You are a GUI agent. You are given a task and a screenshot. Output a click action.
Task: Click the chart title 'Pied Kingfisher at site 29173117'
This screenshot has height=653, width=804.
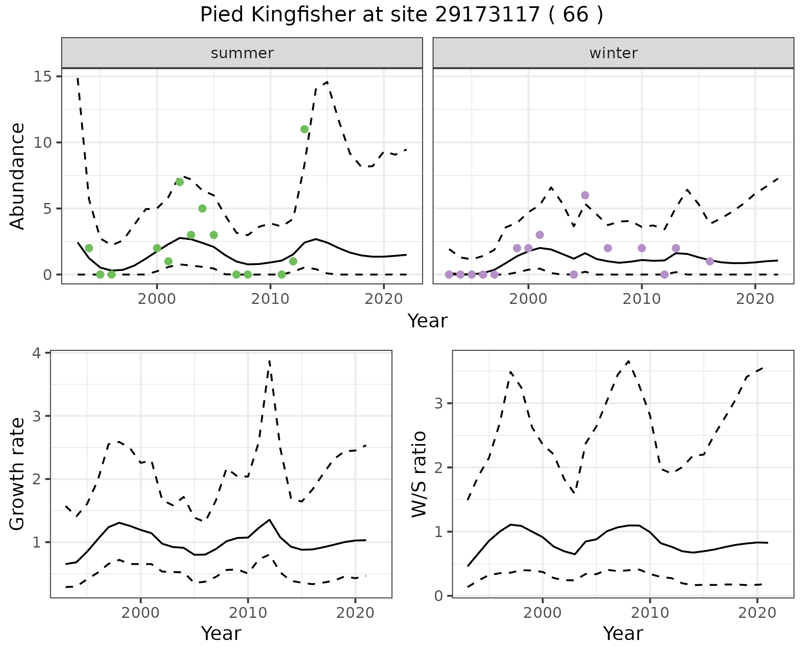[401, 15]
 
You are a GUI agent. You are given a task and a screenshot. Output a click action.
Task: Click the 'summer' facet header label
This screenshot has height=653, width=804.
[242, 53]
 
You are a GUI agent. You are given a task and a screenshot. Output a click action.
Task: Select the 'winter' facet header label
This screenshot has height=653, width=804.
[613, 53]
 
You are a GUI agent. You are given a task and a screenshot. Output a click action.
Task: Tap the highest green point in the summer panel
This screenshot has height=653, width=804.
[304, 129]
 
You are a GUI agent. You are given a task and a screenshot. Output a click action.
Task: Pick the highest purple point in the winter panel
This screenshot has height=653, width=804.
[585, 195]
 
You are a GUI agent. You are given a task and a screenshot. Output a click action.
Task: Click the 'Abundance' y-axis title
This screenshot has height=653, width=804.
[18, 176]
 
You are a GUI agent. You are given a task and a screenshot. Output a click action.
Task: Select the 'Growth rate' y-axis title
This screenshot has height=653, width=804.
[18, 474]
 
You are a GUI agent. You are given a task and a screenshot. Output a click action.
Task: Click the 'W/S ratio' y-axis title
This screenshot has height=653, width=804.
[419, 474]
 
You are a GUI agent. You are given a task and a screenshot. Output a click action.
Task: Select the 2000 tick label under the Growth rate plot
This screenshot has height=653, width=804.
[141, 613]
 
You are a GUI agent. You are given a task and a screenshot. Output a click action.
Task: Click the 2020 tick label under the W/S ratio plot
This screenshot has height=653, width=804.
[757, 613]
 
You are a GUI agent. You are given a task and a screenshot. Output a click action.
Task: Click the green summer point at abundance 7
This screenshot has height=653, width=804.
[180, 182]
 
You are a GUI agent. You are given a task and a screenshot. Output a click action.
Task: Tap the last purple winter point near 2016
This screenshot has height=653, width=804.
[710, 261]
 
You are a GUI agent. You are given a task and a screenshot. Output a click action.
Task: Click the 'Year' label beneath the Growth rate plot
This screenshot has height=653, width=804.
[221, 634]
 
